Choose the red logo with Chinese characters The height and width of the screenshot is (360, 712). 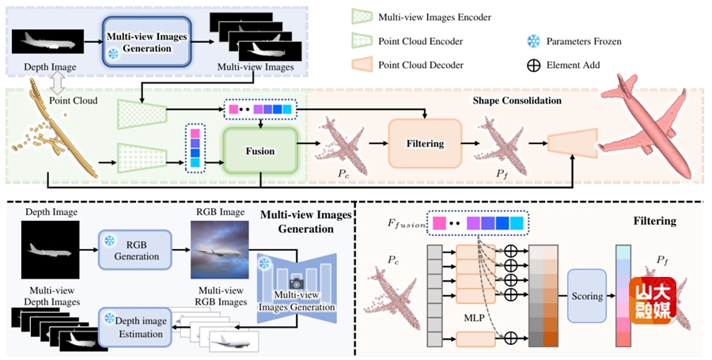tap(651, 301)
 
